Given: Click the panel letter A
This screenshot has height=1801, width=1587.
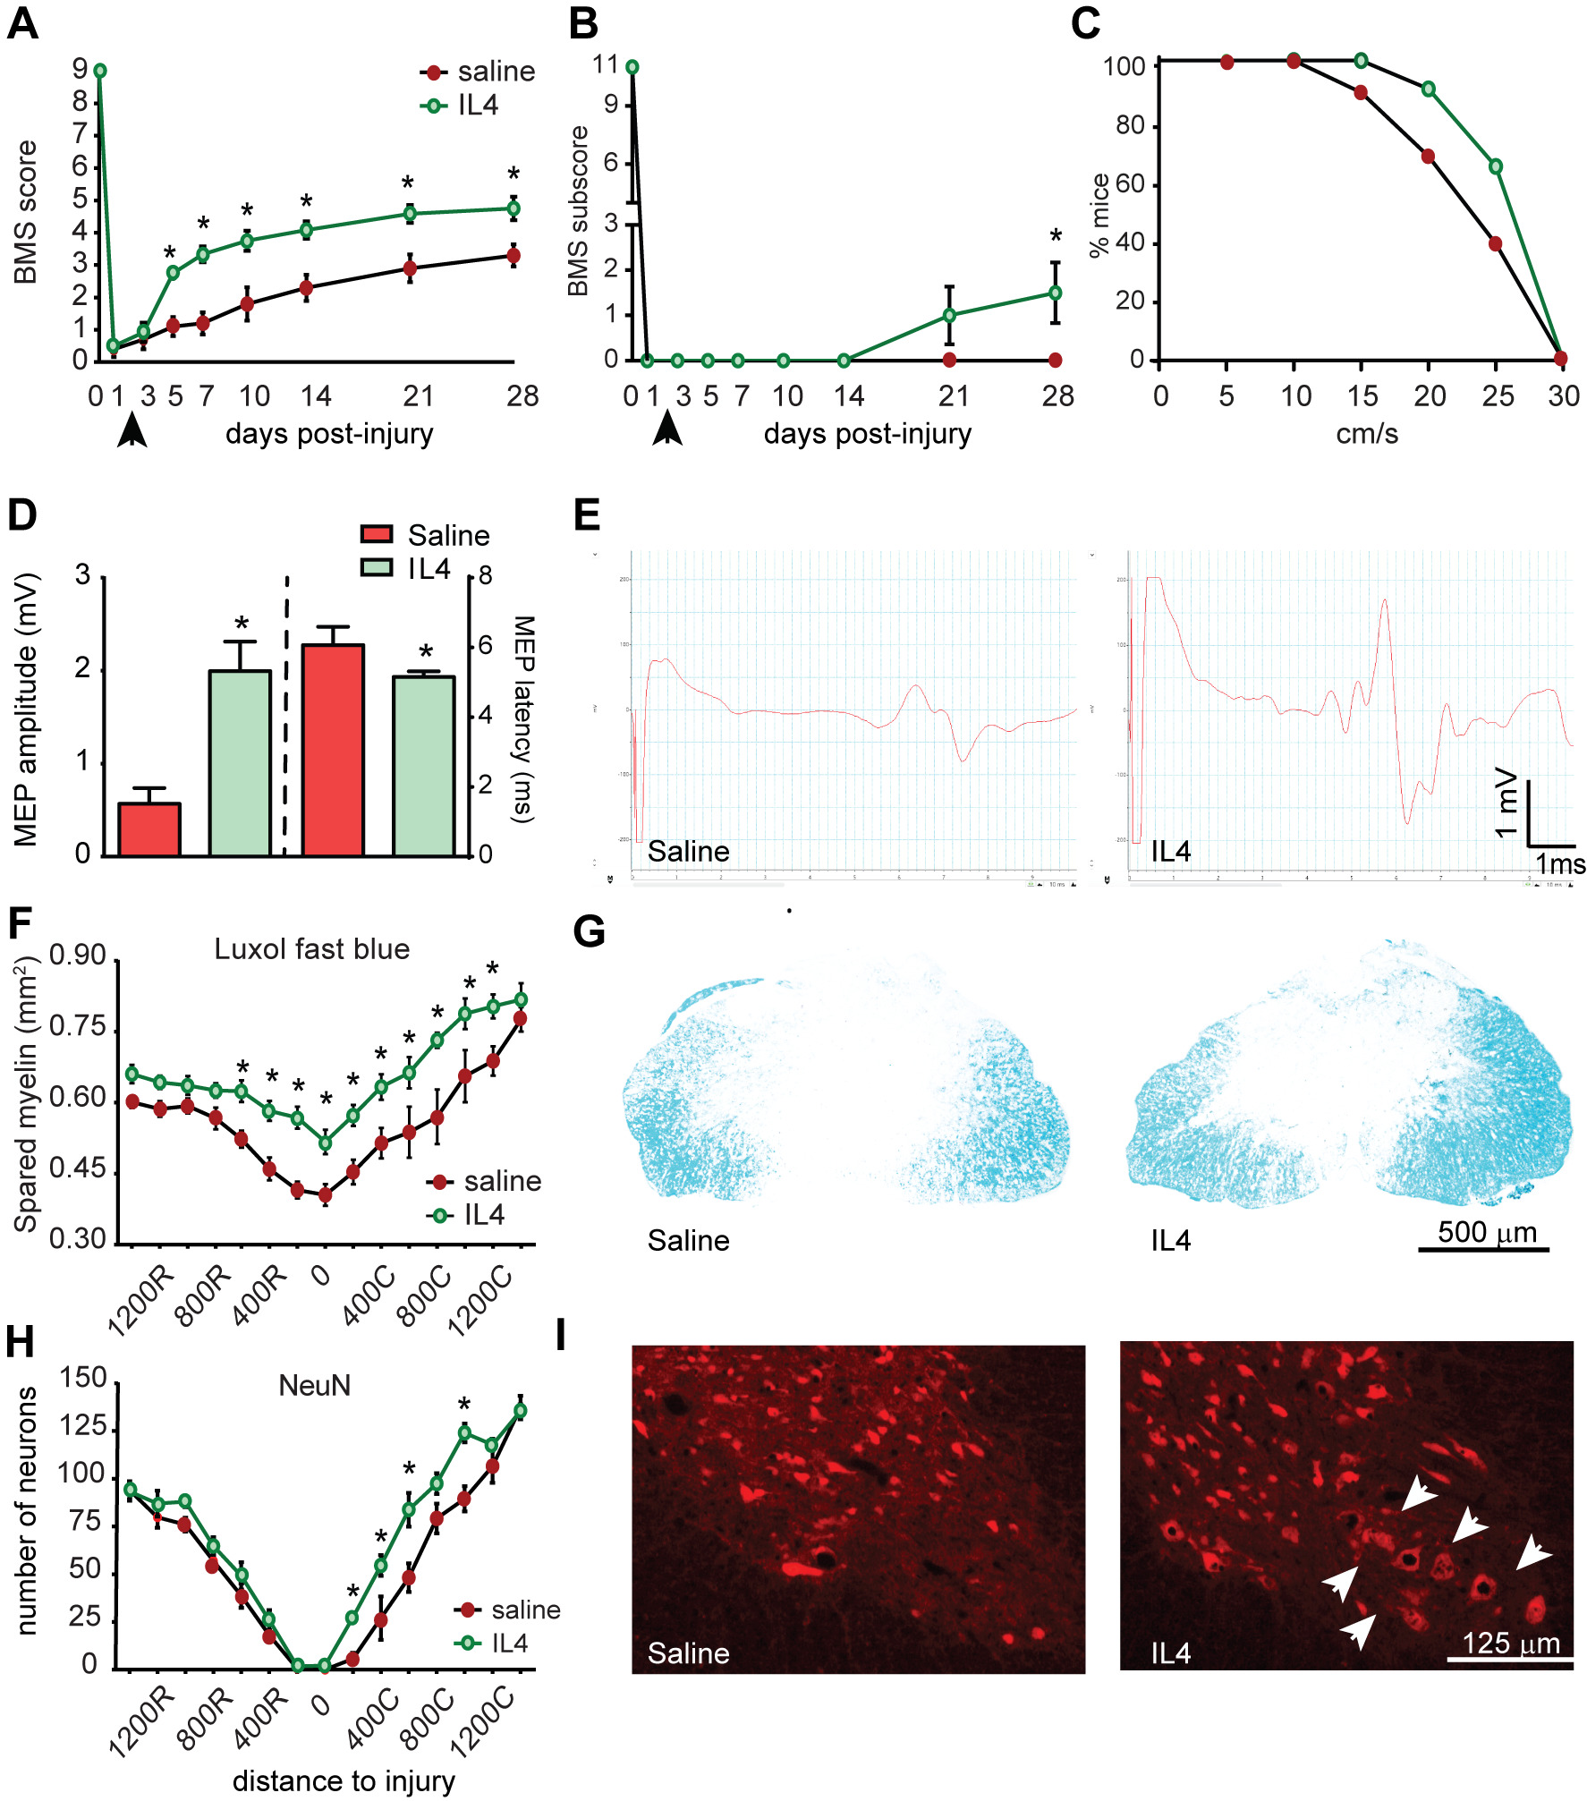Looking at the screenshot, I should point(23,23).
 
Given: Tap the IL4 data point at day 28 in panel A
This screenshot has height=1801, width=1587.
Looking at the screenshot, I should point(513,208).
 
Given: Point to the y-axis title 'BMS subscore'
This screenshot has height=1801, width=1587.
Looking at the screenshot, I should point(579,211).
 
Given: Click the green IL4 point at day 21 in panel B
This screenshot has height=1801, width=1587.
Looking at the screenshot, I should point(949,315).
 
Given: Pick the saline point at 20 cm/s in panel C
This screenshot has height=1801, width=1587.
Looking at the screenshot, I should point(1428,157).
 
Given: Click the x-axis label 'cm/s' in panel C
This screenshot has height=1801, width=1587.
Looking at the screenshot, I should point(1366,434).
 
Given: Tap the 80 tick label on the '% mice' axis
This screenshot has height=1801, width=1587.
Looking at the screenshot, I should point(1130,125).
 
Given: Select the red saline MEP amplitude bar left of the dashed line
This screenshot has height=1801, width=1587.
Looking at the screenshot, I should point(149,829).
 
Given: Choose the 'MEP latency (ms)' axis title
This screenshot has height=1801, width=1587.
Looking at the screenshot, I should point(524,718).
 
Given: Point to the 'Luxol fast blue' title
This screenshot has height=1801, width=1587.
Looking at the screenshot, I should point(311,949).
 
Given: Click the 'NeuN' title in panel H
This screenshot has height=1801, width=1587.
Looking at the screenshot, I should point(314,1386).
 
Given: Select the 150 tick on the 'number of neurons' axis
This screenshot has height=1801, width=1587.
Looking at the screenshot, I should point(82,1378).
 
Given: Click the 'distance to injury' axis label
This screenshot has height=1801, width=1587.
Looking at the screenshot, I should point(344,1781).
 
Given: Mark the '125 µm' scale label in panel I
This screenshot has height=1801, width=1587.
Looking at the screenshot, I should point(1511,1644).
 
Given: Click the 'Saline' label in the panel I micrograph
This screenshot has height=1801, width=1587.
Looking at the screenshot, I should point(688,1653).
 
